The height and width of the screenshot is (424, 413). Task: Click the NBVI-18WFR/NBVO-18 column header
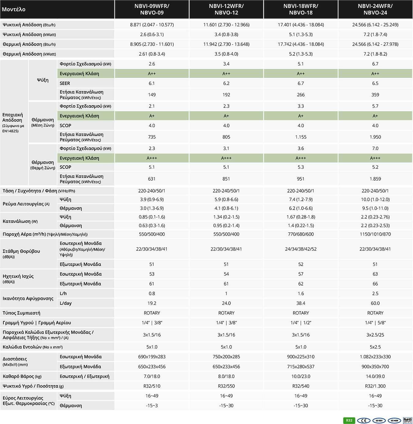click(x=300, y=9)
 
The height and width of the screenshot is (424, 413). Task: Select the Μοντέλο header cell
click(x=14, y=9)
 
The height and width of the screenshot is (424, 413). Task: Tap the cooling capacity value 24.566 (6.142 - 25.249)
click(x=375, y=25)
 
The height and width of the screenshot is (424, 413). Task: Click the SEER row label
click(x=65, y=83)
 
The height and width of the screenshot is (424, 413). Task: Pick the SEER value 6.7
click(x=300, y=83)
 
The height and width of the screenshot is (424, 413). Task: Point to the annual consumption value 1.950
click(x=375, y=137)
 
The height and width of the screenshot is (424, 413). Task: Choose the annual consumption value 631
click(x=152, y=179)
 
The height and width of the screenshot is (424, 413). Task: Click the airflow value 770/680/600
click(x=300, y=234)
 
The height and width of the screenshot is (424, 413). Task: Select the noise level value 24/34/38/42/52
click(x=300, y=249)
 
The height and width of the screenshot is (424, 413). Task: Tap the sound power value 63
click(x=375, y=274)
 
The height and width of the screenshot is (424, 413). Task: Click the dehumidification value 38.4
click(x=300, y=303)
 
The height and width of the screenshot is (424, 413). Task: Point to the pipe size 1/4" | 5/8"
click(x=375, y=323)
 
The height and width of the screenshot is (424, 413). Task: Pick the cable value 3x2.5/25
click(x=375, y=335)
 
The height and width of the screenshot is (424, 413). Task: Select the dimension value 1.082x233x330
click(x=375, y=357)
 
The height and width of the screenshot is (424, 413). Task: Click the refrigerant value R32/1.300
click(x=375, y=386)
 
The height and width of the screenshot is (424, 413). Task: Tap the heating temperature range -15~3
click(x=152, y=406)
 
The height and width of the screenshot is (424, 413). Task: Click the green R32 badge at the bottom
click(x=349, y=420)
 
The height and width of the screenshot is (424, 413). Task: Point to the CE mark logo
click(x=363, y=421)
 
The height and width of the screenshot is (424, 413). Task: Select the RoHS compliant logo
click(x=407, y=420)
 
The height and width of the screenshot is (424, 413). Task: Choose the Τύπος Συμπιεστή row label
click(x=21, y=313)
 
